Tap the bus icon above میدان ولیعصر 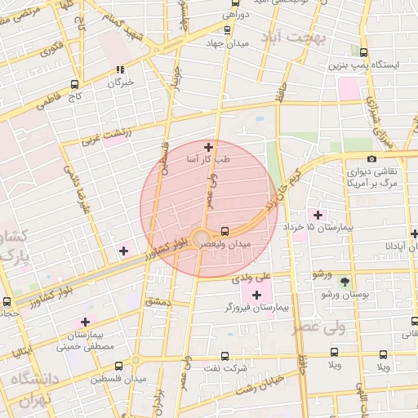[x=225, y=230]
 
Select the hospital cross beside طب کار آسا [x=209, y=148]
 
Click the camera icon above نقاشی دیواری [x=372, y=158]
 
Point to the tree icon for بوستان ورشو [x=345, y=280]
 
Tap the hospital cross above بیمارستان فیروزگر [x=258, y=295]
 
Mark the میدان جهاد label [x=229, y=42]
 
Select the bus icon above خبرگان [x=120, y=70]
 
